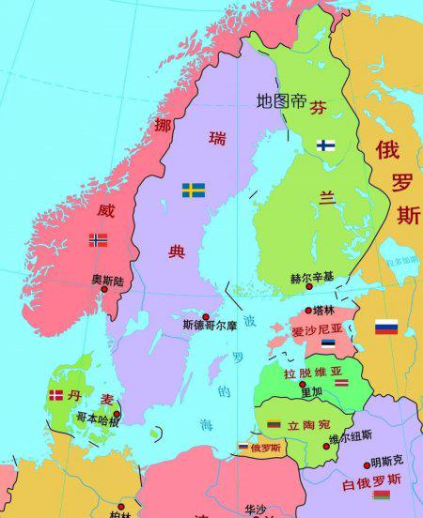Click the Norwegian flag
point(98,239)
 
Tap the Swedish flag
point(194,190)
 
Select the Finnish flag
point(326,145)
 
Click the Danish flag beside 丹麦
point(55,396)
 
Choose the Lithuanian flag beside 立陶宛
point(274,424)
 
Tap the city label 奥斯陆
point(106,280)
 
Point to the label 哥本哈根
point(97,419)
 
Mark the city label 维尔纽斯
point(350,435)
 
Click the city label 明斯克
point(386,461)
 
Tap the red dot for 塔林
point(306,311)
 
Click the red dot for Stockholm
point(207,317)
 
